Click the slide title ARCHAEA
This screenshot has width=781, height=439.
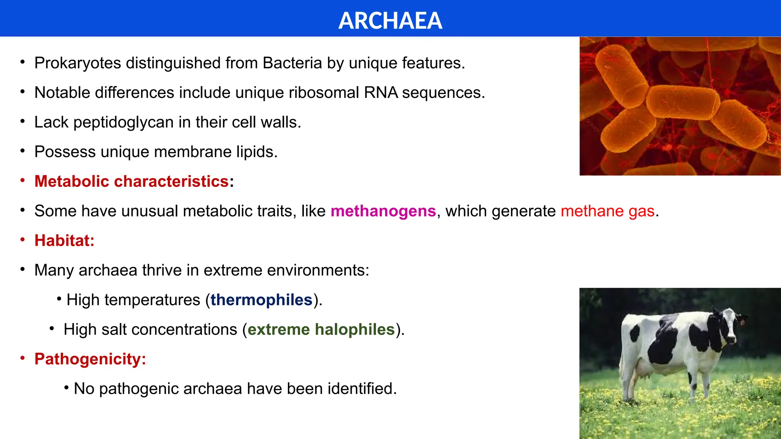coord(390,21)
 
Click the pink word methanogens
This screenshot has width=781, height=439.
coord(383,211)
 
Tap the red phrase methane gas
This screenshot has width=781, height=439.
coord(607,211)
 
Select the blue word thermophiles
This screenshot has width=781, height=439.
coord(261,300)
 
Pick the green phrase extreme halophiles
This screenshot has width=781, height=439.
coord(321,330)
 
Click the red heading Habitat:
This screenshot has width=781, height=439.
coord(64,241)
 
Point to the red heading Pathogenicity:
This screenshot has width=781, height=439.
coord(90,359)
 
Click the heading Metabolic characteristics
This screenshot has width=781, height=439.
coord(132,181)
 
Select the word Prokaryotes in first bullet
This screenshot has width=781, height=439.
coord(77,63)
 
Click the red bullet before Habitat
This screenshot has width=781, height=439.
coord(23,240)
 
